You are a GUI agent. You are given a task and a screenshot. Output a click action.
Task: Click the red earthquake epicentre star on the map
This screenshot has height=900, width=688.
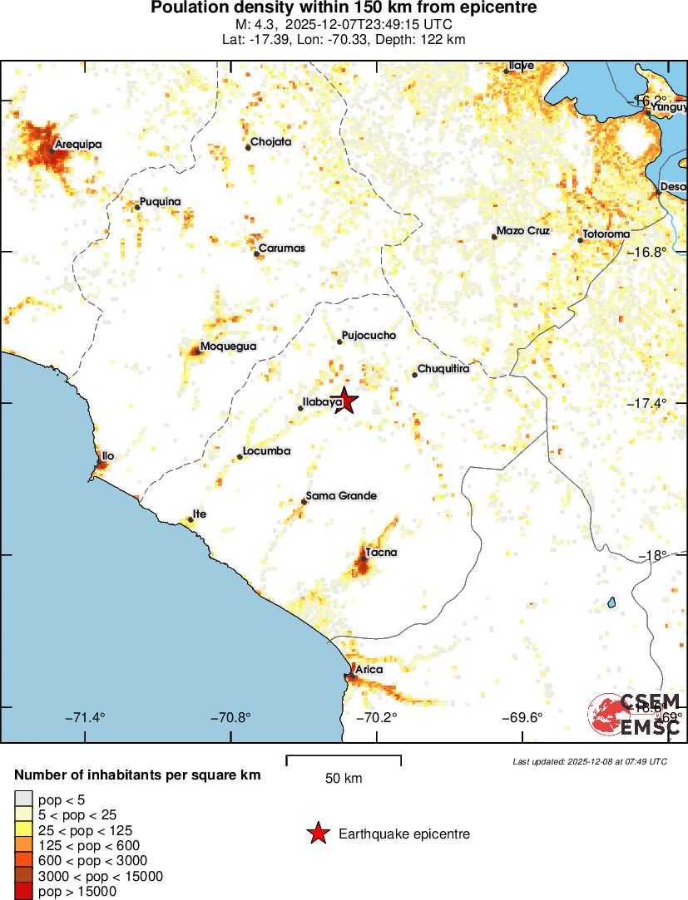click(x=344, y=401)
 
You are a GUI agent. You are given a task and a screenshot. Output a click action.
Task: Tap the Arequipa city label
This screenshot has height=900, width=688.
click(x=78, y=145)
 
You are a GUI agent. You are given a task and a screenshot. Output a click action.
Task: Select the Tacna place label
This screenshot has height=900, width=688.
click(x=381, y=553)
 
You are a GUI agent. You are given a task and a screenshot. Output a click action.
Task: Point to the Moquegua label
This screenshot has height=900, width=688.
click(x=229, y=347)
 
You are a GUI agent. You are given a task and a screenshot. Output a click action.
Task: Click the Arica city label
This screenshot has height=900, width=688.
click(x=369, y=669)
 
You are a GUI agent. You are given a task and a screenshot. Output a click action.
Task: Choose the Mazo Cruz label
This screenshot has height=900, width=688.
click(x=523, y=231)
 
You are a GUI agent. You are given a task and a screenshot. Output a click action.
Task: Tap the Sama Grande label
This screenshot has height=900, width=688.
click(x=341, y=496)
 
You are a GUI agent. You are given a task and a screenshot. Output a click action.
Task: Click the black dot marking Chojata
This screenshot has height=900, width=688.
click(x=248, y=148)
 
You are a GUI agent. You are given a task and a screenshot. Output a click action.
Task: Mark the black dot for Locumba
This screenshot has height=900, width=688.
click(x=240, y=457)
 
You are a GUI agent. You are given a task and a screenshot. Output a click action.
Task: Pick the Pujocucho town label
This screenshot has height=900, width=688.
click(x=369, y=336)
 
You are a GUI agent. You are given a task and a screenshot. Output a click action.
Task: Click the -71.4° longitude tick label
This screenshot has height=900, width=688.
click(x=85, y=718)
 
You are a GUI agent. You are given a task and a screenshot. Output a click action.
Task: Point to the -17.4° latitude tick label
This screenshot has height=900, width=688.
click(x=646, y=403)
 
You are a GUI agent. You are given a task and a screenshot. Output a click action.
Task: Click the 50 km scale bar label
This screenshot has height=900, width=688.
click(x=344, y=779)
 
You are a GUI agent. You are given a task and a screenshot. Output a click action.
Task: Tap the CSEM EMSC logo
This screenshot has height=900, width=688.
click(x=636, y=714)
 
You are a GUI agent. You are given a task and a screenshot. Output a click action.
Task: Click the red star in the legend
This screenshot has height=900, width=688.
click(x=318, y=834)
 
